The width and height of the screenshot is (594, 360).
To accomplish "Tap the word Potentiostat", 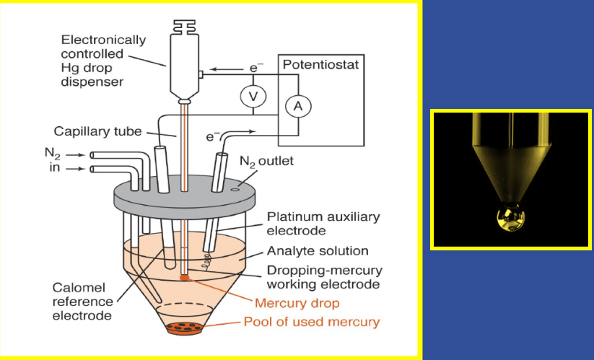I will pos(320,66).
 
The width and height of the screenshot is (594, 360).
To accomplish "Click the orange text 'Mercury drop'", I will pos(292,303).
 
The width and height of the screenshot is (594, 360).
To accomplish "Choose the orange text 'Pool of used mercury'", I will pos(311,322).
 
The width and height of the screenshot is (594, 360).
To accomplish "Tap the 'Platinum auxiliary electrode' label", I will pos(323,224).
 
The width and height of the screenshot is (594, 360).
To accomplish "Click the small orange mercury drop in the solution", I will pos(185,276).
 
